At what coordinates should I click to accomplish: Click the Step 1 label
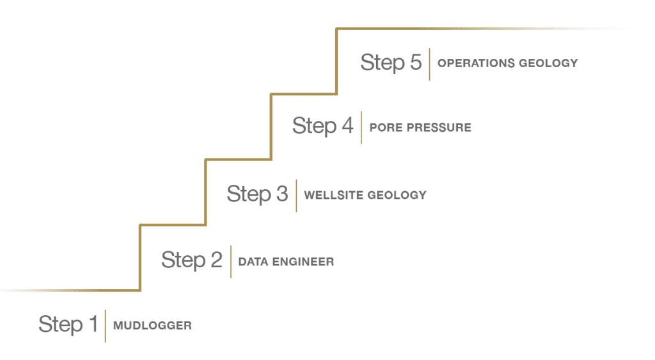point(68,324)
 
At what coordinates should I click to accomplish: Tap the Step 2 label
point(192,260)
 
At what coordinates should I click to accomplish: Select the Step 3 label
point(257,193)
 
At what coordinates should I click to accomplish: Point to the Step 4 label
point(322,126)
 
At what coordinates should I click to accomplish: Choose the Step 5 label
point(391,62)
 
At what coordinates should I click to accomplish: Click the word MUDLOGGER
point(152,325)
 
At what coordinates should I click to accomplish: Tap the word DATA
point(252,262)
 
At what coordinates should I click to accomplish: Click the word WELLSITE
point(333,194)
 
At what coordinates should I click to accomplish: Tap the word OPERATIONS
point(474,63)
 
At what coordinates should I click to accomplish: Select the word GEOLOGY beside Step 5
point(548,63)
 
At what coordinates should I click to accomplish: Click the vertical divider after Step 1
point(106,325)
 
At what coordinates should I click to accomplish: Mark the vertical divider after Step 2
point(231,262)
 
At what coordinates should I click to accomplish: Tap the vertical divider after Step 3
point(296,195)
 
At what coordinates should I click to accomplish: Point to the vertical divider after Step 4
point(361,127)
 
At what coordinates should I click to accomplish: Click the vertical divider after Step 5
point(430,64)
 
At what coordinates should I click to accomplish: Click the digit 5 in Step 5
point(415,63)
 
